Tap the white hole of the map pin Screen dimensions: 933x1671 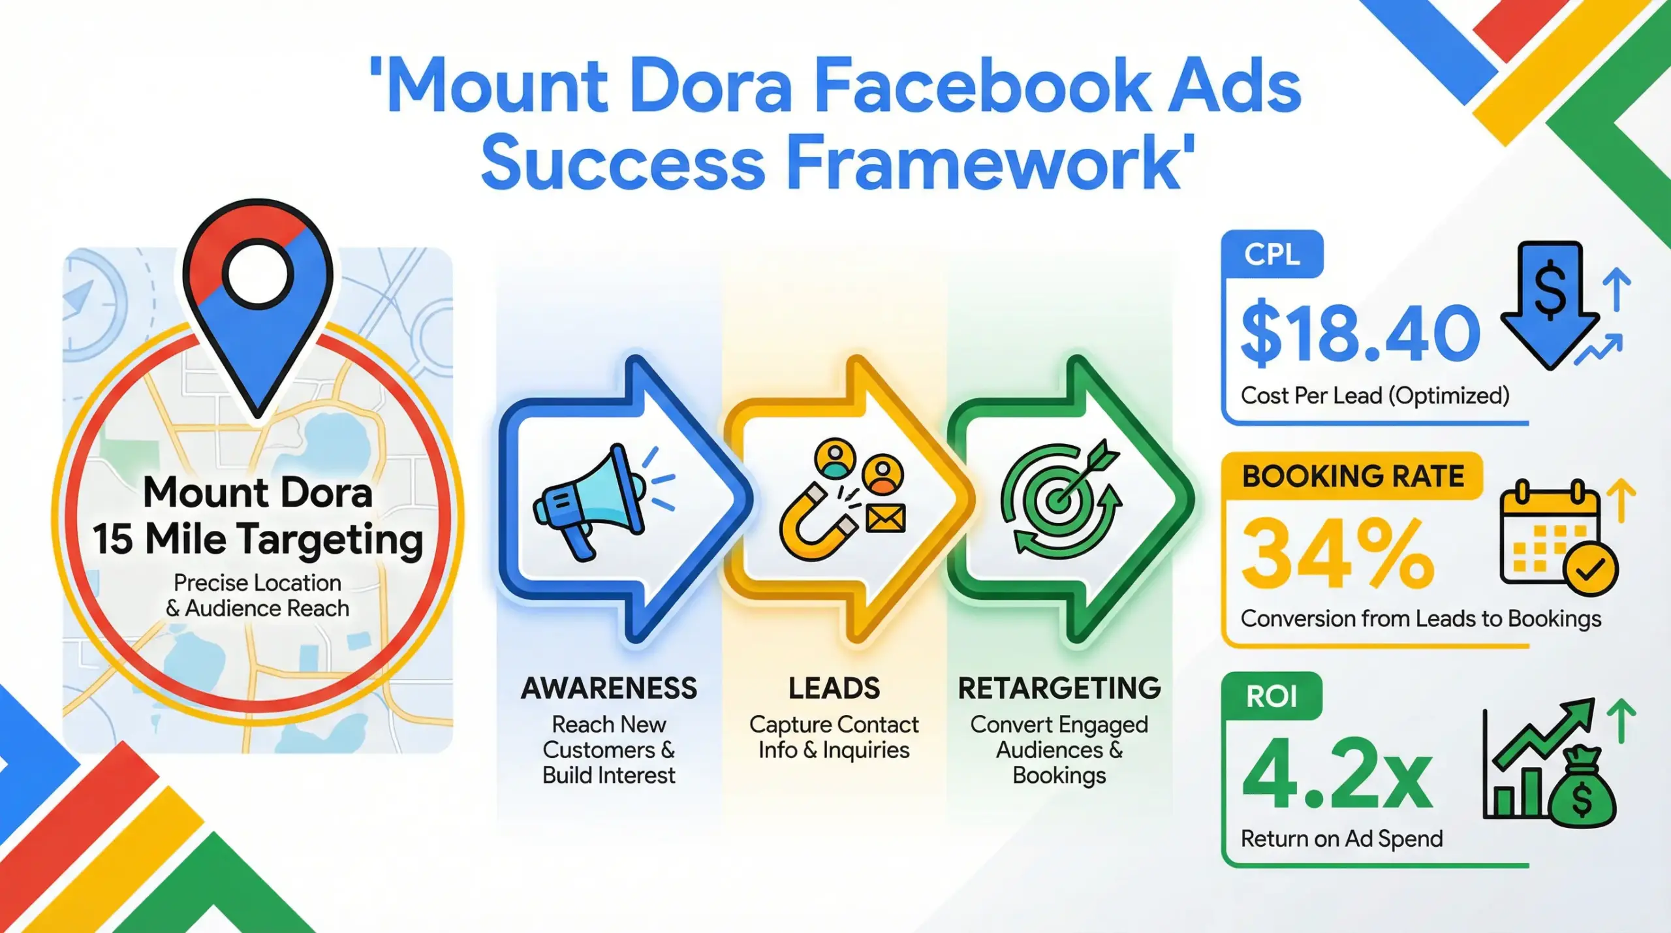coord(258,274)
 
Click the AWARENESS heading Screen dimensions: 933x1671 coord(608,688)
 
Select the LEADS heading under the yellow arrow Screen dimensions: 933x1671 coord(834,688)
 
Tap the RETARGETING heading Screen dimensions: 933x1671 coord(1059,688)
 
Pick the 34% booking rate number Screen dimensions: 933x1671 coord(1338,554)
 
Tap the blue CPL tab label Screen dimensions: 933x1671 coord(1272,254)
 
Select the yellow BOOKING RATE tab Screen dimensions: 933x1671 coord(1352,476)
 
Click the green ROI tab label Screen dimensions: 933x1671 coord(1271,697)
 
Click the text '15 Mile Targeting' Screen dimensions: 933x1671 coord(258,540)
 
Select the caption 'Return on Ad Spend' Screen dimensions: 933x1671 coord(1341,838)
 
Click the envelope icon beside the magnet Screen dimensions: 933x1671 coord(886,518)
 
